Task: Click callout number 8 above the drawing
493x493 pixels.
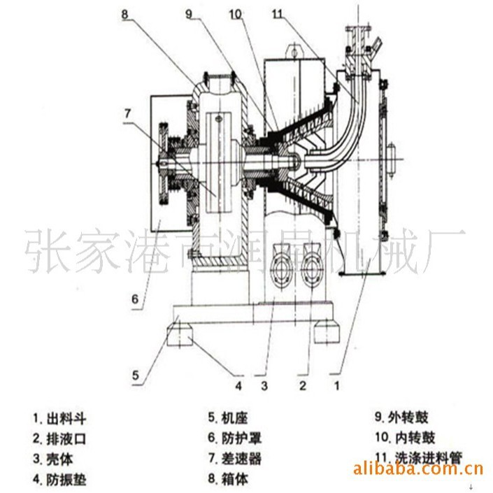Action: pyautogui.click(x=125, y=12)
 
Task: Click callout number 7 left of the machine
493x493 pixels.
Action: pyautogui.click(x=127, y=112)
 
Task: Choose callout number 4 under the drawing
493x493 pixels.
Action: pyautogui.click(x=238, y=385)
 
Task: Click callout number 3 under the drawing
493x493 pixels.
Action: pyautogui.click(x=264, y=385)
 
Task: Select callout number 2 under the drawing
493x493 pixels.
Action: pyautogui.click(x=303, y=385)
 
